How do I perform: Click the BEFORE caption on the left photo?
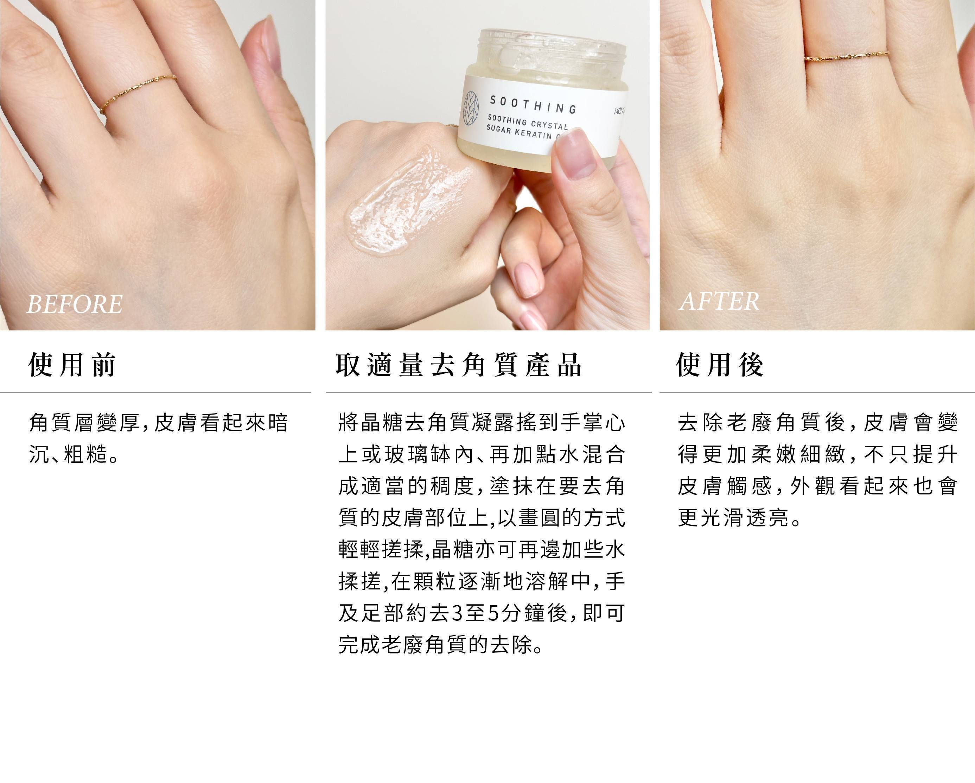click(x=75, y=304)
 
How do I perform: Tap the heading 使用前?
click(x=72, y=365)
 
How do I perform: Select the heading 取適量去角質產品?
click(x=459, y=365)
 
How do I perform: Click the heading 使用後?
click(x=720, y=365)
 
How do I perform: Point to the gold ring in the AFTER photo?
click(x=847, y=57)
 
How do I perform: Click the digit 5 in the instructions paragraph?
click(x=494, y=613)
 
